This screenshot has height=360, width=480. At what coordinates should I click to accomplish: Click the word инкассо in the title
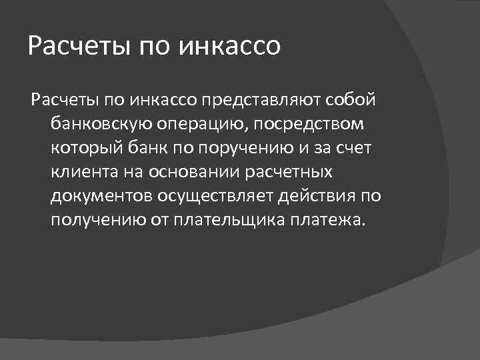click(x=231, y=47)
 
